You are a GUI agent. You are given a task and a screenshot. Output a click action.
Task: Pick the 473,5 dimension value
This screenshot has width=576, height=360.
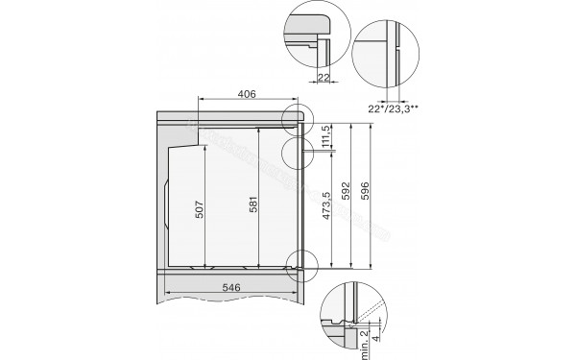(327, 206)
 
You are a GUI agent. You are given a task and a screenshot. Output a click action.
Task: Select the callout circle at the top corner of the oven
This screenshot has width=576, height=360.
(300, 117)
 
